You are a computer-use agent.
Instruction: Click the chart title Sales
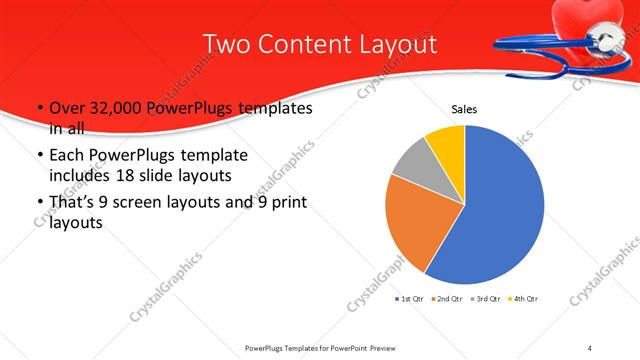[x=464, y=107]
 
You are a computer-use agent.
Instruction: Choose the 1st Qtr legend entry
[x=410, y=299]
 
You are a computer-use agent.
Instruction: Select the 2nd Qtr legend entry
[x=449, y=299]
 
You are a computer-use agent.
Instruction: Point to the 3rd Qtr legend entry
[x=487, y=299]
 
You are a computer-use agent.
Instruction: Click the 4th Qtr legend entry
[x=525, y=299]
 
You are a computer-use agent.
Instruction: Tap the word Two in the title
[x=228, y=45]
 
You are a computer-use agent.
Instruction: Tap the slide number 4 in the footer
[x=590, y=347]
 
